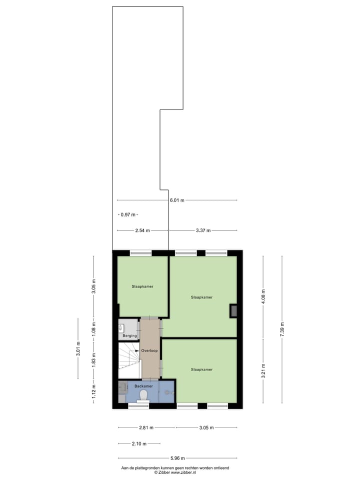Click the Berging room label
tap(129, 336)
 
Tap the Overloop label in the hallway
tap(149, 350)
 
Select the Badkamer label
tap(143, 386)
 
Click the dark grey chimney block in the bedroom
tap(233, 311)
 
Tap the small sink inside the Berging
tap(121, 328)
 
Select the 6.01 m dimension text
tap(176, 200)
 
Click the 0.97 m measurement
tap(128, 214)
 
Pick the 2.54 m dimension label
tap(143, 230)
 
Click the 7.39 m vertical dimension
tap(282, 330)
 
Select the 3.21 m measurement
tap(263, 370)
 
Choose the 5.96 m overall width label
tap(176, 458)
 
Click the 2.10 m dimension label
tap(140, 443)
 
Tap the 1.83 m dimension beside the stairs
tap(93, 360)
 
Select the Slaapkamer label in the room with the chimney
tap(201, 297)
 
